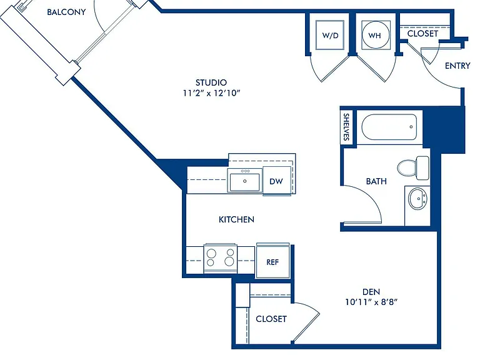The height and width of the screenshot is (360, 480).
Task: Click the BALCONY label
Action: tap(66, 12)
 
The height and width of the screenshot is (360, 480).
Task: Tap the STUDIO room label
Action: tap(211, 82)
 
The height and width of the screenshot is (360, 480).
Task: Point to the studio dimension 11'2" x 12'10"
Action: tap(211, 93)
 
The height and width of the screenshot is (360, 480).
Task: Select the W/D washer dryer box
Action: tap(330, 35)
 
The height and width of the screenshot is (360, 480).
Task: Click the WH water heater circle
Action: tap(376, 35)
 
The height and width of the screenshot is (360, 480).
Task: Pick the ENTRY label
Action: tap(457, 66)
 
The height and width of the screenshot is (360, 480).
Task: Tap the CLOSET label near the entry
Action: tap(422, 33)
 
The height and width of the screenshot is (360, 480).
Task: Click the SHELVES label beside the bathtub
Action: tap(346, 127)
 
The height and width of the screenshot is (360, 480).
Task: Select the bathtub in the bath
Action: tap(389, 127)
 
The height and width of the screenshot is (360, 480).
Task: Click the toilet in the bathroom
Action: tap(413, 167)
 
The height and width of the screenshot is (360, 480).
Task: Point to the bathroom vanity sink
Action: tap(417, 199)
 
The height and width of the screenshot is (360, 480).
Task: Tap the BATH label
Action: tap(376, 181)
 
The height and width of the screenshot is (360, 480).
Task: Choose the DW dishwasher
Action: tap(276, 181)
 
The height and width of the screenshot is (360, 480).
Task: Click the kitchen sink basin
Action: tap(244, 181)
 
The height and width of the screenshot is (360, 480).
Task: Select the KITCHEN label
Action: tap(236, 219)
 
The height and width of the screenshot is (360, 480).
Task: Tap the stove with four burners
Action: tap(221, 257)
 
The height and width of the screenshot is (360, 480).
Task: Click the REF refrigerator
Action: tap(272, 261)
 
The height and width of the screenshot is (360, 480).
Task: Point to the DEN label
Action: tap(371, 292)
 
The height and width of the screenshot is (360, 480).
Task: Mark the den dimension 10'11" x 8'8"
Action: tap(371, 302)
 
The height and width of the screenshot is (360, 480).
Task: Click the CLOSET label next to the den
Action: tap(271, 319)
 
